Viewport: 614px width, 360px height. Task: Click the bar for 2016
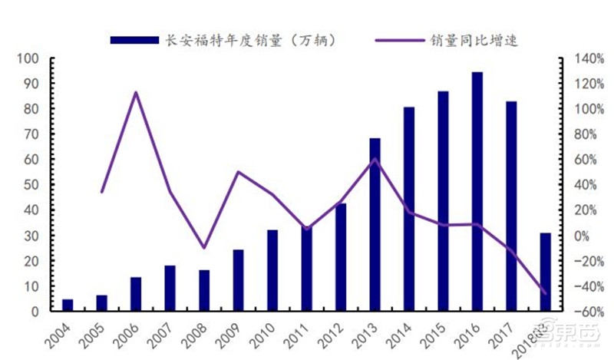coord(477,192)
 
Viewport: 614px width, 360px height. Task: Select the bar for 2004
coord(68,306)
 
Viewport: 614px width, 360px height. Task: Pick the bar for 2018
coord(545,272)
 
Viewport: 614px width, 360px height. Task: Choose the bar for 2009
coord(238,280)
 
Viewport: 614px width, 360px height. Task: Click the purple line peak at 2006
coord(136,93)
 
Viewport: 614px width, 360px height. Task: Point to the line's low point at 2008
coord(204,248)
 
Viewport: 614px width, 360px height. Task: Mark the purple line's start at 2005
coord(102,191)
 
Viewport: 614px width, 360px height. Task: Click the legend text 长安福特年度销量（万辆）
coord(249,39)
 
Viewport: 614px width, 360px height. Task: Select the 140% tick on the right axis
coord(581,58)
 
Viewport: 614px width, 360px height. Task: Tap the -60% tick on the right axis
coord(581,312)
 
